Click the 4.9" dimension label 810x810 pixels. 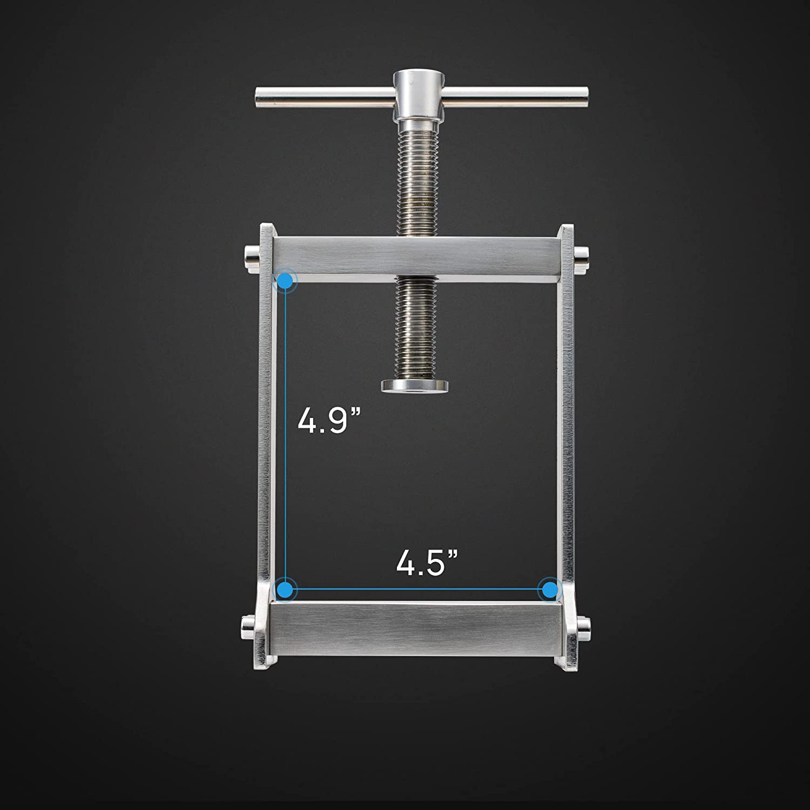coord(328,421)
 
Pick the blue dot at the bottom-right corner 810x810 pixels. coord(550,589)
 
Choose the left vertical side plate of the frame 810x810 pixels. coord(266,432)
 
